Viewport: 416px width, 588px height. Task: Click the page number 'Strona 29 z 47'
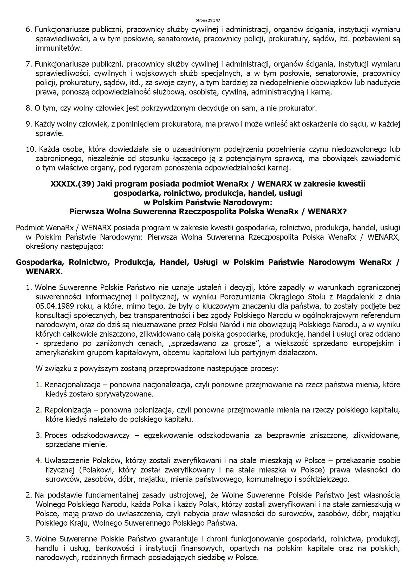point(208,20)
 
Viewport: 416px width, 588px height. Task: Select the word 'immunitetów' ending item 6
point(59,48)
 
